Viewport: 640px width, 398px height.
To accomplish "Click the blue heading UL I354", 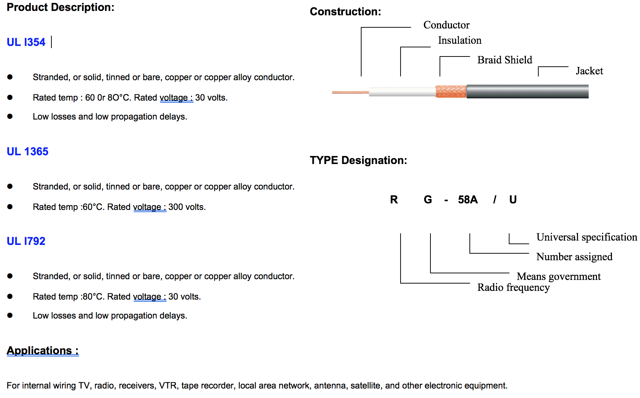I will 26,42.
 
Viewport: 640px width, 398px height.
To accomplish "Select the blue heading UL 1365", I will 27,152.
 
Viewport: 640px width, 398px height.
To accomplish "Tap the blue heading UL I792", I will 26,241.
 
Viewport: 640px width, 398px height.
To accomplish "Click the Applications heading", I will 43,351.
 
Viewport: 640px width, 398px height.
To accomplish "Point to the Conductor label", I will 446,25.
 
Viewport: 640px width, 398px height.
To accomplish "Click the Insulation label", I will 459,40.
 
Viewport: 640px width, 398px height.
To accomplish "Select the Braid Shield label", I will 504,60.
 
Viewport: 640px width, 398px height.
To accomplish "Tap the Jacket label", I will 589,71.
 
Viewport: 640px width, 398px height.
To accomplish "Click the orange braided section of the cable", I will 451,91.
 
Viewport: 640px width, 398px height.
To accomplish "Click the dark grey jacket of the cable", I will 527,91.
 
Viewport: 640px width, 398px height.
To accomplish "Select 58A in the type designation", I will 468,200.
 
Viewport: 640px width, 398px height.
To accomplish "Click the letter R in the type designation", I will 394,200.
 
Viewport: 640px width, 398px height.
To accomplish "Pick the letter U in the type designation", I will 513,200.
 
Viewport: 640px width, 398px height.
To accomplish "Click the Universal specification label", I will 586,237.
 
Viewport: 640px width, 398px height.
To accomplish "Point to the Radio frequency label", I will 513,288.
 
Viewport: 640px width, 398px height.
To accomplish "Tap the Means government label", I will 558,277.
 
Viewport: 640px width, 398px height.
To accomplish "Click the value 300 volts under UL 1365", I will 187,207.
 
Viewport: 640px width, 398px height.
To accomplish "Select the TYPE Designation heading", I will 358,160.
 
